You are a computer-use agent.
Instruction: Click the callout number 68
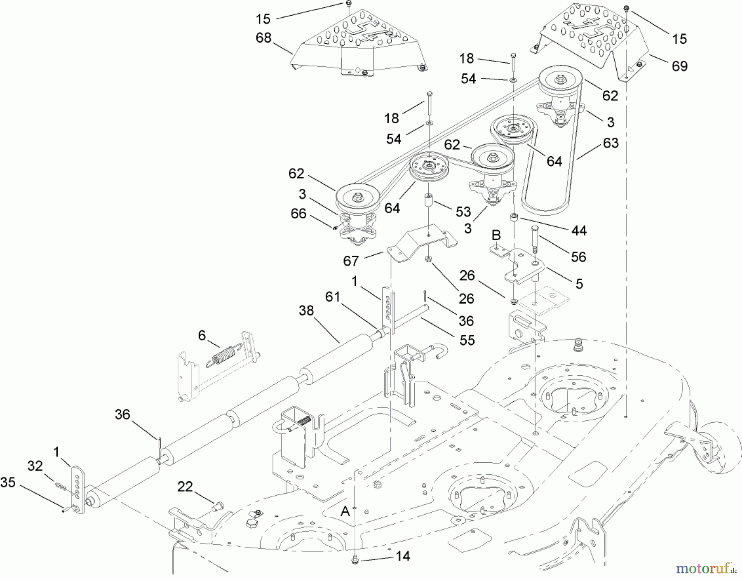[263, 38]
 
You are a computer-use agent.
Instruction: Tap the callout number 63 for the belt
[611, 143]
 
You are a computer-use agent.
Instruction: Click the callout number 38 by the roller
[306, 311]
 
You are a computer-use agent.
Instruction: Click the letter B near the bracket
[496, 235]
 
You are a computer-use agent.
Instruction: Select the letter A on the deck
[345, 511]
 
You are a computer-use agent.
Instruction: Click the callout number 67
[351, 261]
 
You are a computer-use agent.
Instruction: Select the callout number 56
[578, 257]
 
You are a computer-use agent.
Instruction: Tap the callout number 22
[185, 487]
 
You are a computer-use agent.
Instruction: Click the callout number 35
[8, 482]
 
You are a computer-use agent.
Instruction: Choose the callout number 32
[35, 466]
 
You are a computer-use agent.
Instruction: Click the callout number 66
[298, 213]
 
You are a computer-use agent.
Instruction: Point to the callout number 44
[579, 231]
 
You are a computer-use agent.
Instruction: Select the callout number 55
[467, 340]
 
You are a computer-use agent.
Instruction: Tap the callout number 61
[332, 297]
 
